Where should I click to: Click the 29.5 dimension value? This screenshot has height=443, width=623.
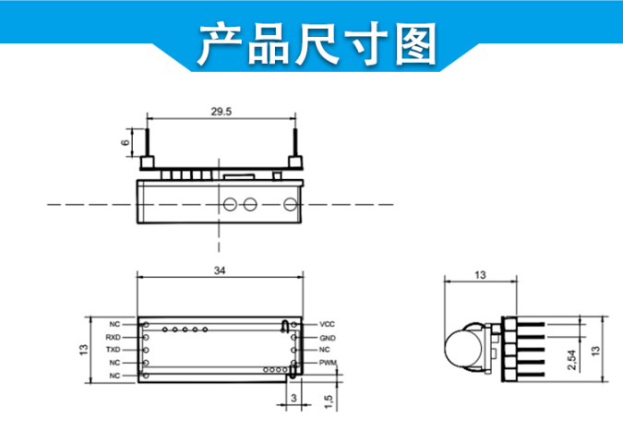coord(221,112)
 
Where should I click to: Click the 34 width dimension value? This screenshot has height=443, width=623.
coord(220,270)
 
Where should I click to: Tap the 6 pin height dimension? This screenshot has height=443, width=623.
coord(125,143)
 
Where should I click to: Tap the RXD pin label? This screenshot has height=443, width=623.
coord(113,338)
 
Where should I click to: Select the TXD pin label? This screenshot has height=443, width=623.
coord(113,351)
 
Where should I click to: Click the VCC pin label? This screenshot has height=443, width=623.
coord(327,325)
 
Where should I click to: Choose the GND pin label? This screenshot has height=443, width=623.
coord(327,338)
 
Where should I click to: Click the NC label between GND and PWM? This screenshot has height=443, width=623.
coord(325,351)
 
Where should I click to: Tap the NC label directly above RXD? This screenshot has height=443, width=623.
coord(114,325)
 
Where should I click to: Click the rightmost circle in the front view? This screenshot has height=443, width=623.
coord(291,203)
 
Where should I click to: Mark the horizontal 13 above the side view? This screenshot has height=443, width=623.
coord(480,274)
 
